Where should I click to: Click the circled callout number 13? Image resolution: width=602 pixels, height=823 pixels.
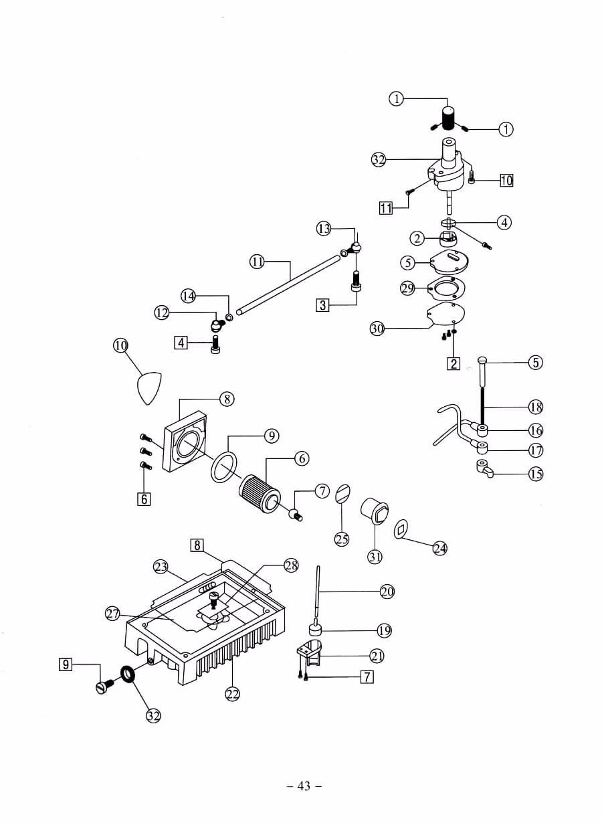tap(324, 229)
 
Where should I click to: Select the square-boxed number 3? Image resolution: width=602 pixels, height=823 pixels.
tap(322, 305)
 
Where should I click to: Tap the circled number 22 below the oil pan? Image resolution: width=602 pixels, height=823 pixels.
tap(233, 694)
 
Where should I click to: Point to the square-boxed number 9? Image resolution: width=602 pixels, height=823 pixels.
tap(66, 664)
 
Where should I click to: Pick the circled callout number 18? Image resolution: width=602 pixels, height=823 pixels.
tap(536, 407)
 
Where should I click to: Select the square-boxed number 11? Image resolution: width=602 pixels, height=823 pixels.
tap(386, 208)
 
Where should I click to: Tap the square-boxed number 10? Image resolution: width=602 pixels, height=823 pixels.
tap(506, 181)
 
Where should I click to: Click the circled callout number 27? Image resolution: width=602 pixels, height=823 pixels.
tap(113, 614)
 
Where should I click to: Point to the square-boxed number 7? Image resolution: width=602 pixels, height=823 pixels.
tap(367, 676)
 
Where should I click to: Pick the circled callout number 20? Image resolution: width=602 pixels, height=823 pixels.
tap(387, 591)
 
